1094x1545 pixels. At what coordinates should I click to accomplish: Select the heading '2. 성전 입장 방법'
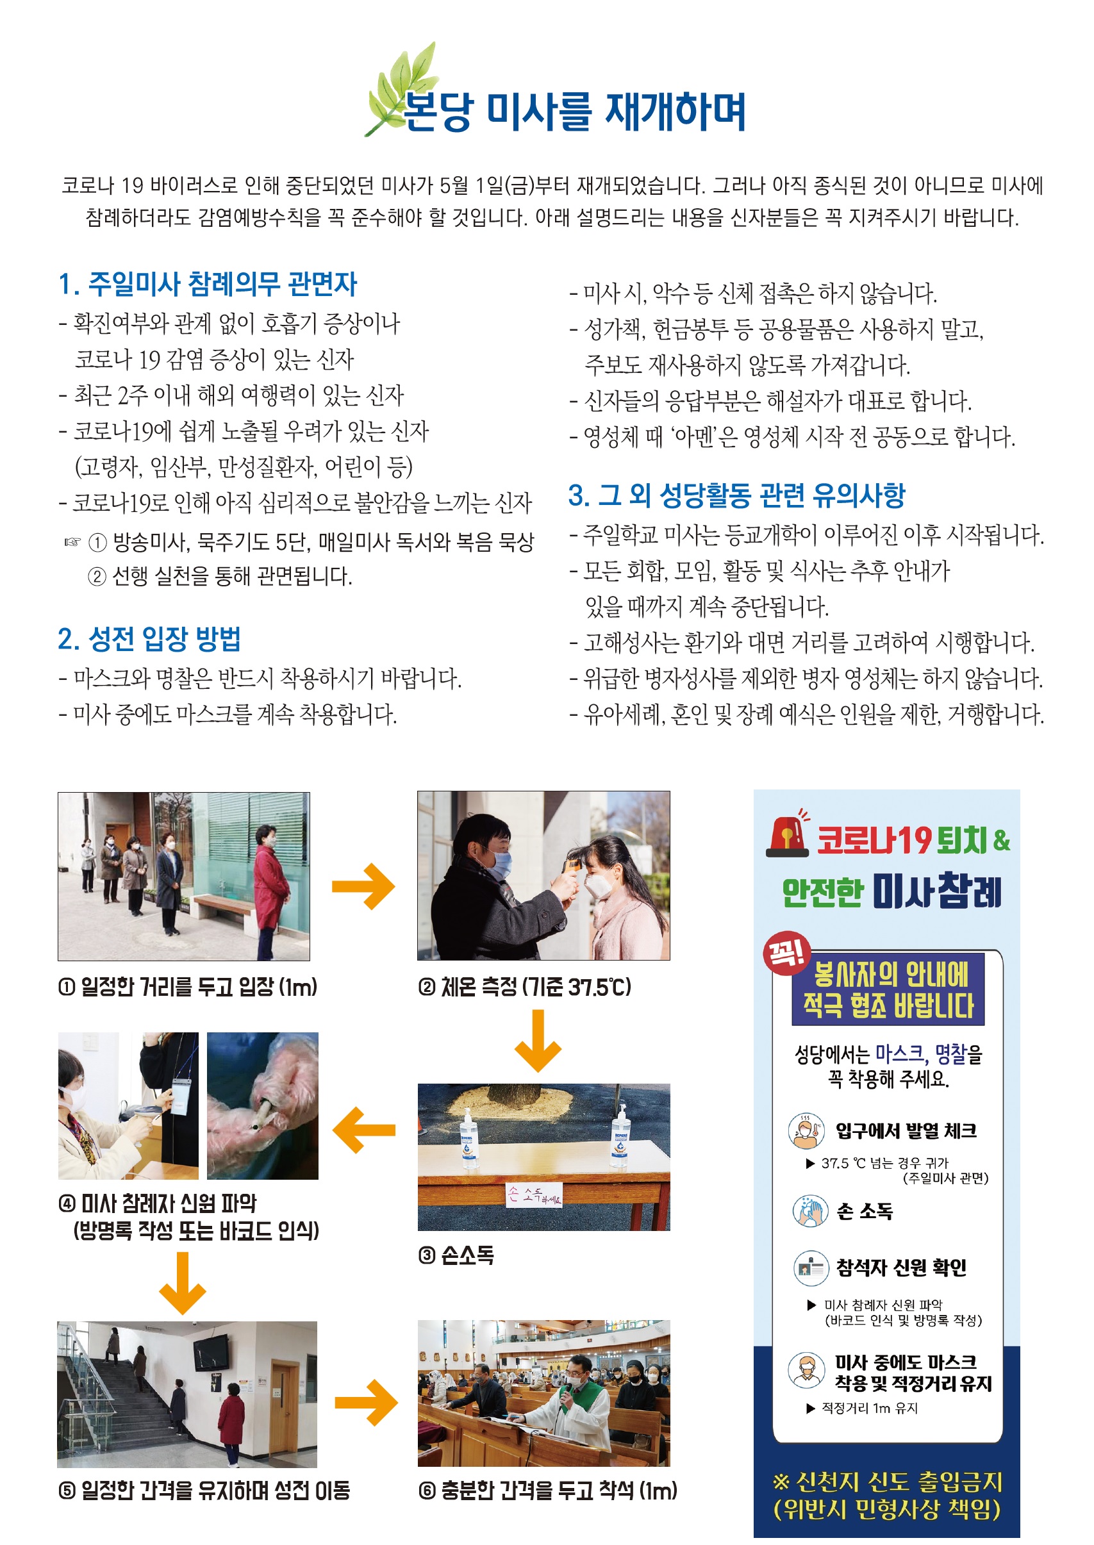coord(149,638)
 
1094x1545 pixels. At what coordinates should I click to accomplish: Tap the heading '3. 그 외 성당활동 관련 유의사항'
coord(736,495)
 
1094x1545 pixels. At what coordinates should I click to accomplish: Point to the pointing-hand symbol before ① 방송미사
coord(72,541)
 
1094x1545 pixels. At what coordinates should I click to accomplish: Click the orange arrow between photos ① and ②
coord(364,886)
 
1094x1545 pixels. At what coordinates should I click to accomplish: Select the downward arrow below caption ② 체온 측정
coord(538,1041)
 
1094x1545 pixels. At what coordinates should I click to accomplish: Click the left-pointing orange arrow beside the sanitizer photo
coord(364,1130)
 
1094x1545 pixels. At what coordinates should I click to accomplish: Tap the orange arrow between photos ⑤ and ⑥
coord(366,1403)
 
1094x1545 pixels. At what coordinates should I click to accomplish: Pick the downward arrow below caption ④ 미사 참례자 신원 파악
coord(182,1282)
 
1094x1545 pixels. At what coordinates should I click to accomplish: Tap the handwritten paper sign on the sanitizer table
coord(533,1194)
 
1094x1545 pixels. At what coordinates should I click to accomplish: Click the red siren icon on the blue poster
coord(788,835)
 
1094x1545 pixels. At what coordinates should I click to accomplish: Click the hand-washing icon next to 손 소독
coord(809,1211)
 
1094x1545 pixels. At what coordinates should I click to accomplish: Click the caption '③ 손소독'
coord(456,1255)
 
